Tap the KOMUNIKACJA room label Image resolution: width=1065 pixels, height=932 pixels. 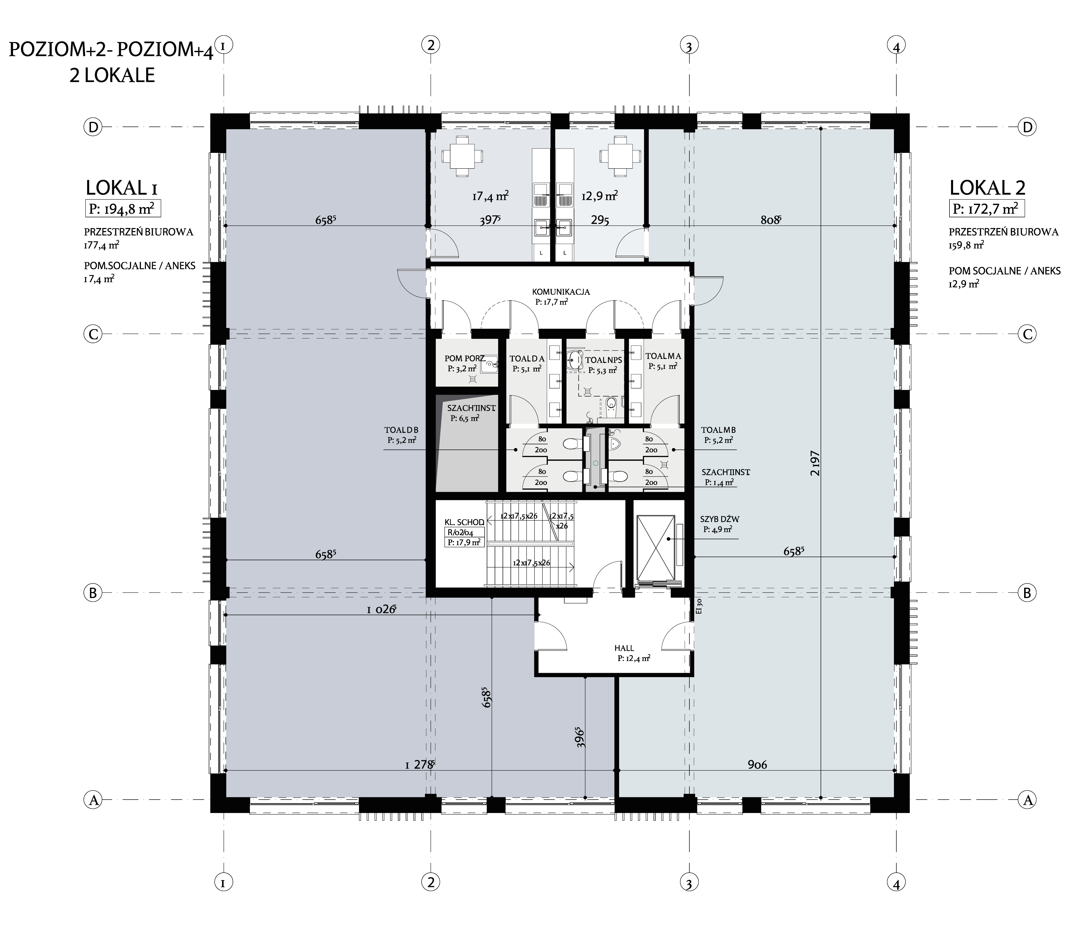coord(561,292)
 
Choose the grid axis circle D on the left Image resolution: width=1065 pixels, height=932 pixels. coord(94,127)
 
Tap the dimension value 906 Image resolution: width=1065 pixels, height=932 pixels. coord(757,765)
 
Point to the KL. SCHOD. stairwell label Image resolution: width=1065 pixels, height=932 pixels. coord(464,522)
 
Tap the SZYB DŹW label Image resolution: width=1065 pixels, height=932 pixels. coord(720,519)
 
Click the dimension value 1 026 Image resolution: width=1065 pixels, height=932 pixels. coord(381,610)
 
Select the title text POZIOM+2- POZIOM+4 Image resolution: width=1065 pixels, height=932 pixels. coord(111,50)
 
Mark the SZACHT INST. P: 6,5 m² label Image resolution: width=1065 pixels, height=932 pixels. coord(471,413)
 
